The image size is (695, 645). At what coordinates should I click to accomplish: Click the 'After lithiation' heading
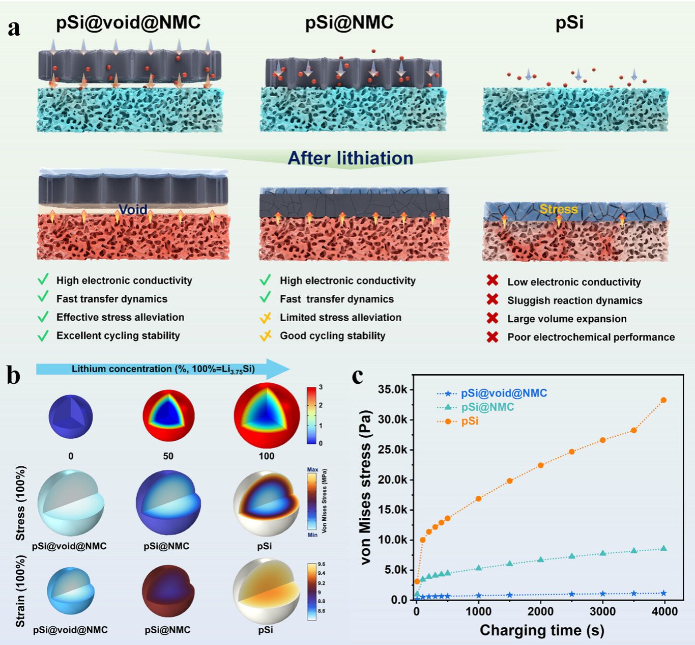[351, 158]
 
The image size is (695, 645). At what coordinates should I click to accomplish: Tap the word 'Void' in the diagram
[133, 209]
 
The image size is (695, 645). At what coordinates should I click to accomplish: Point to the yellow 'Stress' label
[559, 209]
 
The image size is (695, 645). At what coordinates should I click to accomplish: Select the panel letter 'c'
[358, 376]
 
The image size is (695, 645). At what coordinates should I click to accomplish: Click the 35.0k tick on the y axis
[392, 390]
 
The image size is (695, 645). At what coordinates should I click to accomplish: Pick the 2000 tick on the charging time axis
[540, 611]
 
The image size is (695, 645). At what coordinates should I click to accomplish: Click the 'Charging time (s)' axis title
[542, 630]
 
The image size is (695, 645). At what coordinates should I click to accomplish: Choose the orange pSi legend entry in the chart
[470, 422]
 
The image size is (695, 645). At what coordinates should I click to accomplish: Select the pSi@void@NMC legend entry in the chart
[504, 393]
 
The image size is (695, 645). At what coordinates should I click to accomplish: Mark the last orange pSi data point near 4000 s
[663, 400]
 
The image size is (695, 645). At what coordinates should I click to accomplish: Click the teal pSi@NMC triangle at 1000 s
[479, 568]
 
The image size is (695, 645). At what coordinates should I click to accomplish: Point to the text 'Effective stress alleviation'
[120, 317]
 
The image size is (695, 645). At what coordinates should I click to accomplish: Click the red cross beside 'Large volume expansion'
[492, 318]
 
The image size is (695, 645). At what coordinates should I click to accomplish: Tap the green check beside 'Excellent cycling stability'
[43, 335]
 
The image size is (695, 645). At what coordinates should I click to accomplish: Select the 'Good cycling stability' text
[332, 335]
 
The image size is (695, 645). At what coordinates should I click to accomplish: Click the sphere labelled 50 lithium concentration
[168, 415]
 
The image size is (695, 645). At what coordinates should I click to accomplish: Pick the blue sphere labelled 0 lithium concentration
[71, 416]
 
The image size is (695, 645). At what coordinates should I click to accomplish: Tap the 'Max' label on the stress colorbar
[312, 470]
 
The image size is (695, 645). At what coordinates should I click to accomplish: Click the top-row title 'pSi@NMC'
[349, 22]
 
